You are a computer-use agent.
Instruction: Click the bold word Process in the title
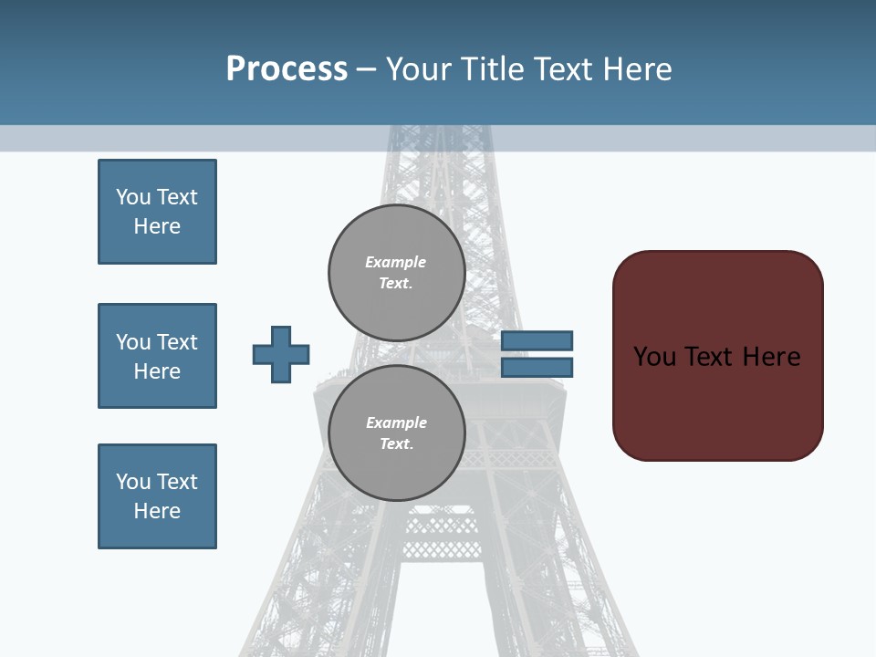[x=287, y=69]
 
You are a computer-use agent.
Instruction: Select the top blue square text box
[x=157, y=212]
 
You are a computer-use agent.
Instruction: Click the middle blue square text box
[x=157, y=356]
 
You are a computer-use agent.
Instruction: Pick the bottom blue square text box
[x=157, y=496]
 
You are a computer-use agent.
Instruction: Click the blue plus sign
[x=281, y=354]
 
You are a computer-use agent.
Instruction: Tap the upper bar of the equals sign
[x=537, y=341]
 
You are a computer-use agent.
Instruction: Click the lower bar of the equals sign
[x=537, y=368]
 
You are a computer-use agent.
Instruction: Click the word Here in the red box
[x=771, y=356]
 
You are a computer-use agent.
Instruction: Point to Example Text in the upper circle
[x=396, y=272]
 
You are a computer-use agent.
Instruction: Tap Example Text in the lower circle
[x=396, y=433]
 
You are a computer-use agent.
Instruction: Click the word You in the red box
[x=654, y=356]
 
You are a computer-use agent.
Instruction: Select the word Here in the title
[x=635, y=69]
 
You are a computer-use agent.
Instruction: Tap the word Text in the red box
[x=709, y=356]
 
